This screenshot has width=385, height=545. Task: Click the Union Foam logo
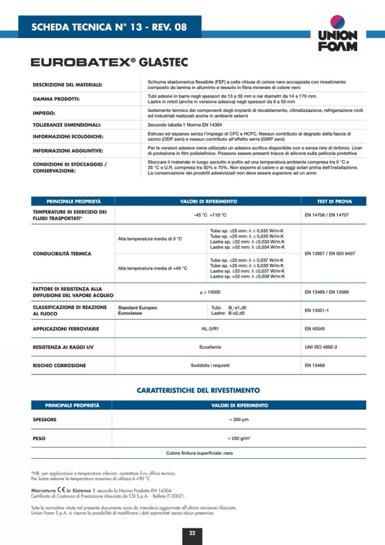point(337,34)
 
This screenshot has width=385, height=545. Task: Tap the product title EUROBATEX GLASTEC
point(110,62)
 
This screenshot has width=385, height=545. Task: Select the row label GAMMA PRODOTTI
point(56,99)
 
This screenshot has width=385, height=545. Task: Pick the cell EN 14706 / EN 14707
point(327,215)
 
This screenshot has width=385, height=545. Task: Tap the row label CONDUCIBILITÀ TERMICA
point(62,253)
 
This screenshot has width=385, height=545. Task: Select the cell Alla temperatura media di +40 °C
point(152,268)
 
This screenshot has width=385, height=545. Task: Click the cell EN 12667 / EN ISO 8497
point(330,253)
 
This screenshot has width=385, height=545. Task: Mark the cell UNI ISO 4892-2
point(321,347)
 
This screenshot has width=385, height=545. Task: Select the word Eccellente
point(210,347)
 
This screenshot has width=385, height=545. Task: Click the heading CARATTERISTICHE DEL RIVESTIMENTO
point(198,390)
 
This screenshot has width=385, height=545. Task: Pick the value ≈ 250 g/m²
point(239,439)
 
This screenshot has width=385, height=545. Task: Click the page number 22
point(192,532)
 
